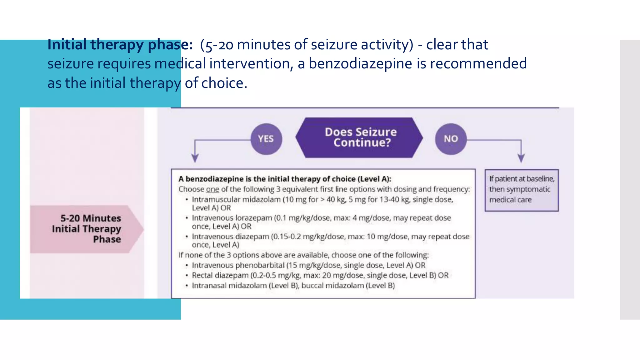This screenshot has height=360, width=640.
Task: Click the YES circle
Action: point(266,139)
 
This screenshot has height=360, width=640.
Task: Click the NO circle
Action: point(451,139)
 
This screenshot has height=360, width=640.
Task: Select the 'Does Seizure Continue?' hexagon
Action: point(359,137)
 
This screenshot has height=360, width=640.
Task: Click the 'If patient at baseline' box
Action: point(522,190)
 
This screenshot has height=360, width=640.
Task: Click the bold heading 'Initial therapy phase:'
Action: point(120,44)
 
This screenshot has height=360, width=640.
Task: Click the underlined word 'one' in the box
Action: point(212,189)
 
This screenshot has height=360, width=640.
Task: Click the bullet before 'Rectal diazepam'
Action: point(187,276)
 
